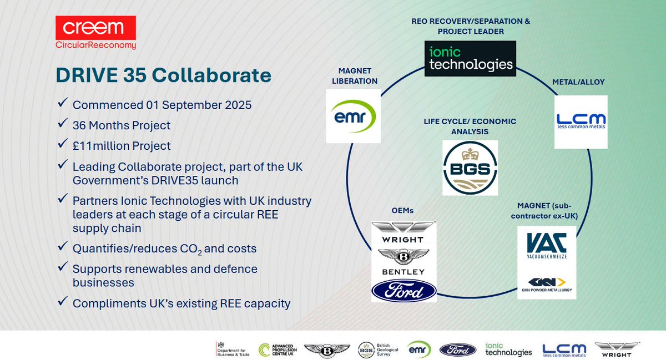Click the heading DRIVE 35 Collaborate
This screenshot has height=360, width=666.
[x=163, y=75]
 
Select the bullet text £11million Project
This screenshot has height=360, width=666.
[x=122, y=146]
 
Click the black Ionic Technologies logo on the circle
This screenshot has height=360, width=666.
[x=470, y=58]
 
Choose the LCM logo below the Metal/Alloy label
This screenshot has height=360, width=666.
[x=581, y=121]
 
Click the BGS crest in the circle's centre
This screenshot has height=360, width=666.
[x=470, y=168]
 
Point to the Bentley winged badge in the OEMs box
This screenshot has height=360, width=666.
[x=403, y=256]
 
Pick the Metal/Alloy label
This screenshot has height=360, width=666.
[x=578, y=82]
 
